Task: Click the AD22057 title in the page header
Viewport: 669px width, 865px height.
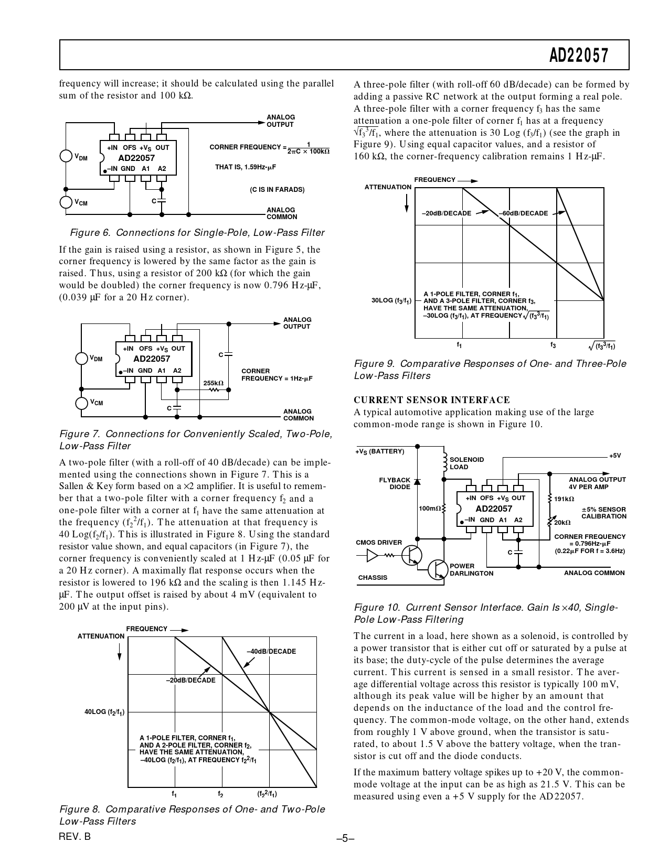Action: click(x=579, y=55)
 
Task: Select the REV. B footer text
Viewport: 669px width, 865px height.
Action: click(x=75, y=837)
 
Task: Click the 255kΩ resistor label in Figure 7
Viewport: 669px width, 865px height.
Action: click(x=213, y=383)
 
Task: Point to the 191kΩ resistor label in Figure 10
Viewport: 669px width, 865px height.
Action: click(x=564, y=499)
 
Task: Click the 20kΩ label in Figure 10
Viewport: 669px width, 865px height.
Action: click(x=562, y=523)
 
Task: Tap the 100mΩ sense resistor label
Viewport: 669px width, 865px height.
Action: click(x=429, y=509)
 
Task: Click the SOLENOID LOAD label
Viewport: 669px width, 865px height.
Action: click(x=466, y=463)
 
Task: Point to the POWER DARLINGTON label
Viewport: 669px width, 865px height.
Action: click(x=471, y=569)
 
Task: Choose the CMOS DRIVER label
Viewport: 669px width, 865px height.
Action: click(x=379, y=543)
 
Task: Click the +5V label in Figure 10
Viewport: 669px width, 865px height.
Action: click(x=615, y=456)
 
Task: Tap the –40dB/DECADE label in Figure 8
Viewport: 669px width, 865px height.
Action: click(x=271, y=651)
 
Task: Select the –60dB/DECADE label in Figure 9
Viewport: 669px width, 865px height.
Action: click(x=523, y=213)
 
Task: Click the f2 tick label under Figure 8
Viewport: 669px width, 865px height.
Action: click(x=221, y=793)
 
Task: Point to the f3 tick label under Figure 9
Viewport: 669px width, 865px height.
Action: click(x=553, y=345)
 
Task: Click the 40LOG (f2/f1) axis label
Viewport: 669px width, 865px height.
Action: click(x=104, y=712)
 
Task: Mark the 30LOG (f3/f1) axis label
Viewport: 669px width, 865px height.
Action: click(x=391, y=301)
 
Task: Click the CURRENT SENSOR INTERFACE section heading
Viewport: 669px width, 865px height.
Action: click(x=432, y=400)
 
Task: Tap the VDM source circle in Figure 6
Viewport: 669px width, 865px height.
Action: click(x=67, y=156)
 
